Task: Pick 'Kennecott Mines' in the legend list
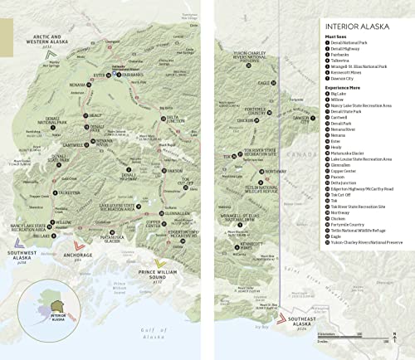pyautogui.click(x=349, y=71)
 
